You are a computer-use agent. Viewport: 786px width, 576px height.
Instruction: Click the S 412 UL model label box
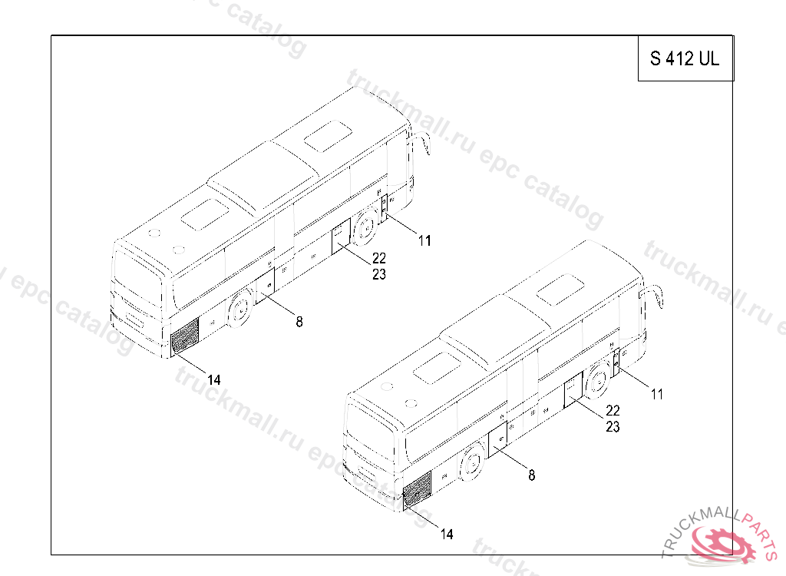coord(685,58)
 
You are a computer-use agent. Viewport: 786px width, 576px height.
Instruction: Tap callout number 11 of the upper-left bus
coord(424,241)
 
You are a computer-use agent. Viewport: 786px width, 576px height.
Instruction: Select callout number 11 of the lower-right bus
coord(657,395)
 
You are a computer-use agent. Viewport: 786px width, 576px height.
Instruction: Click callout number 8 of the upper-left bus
coord(299,322)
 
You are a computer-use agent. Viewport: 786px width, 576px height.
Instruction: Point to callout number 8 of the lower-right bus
coord(532,475)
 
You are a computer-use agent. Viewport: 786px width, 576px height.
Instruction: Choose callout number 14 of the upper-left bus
coord(214,380)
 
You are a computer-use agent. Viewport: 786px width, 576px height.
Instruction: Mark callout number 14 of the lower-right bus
coord(447,535)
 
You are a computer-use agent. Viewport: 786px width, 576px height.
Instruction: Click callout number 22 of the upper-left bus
coord(379,258)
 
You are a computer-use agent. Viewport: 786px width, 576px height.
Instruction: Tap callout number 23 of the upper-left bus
coord(379,274)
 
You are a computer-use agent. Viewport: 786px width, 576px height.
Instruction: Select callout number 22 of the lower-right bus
coord(613,410)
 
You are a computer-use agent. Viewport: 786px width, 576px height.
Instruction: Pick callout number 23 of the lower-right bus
coord(613,427)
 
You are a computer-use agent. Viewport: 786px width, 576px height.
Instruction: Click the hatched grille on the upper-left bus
coord(184,336)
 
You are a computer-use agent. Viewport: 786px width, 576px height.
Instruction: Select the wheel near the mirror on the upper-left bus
coord(365,227)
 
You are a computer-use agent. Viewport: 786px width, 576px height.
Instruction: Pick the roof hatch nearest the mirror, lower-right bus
coord(560,290)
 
